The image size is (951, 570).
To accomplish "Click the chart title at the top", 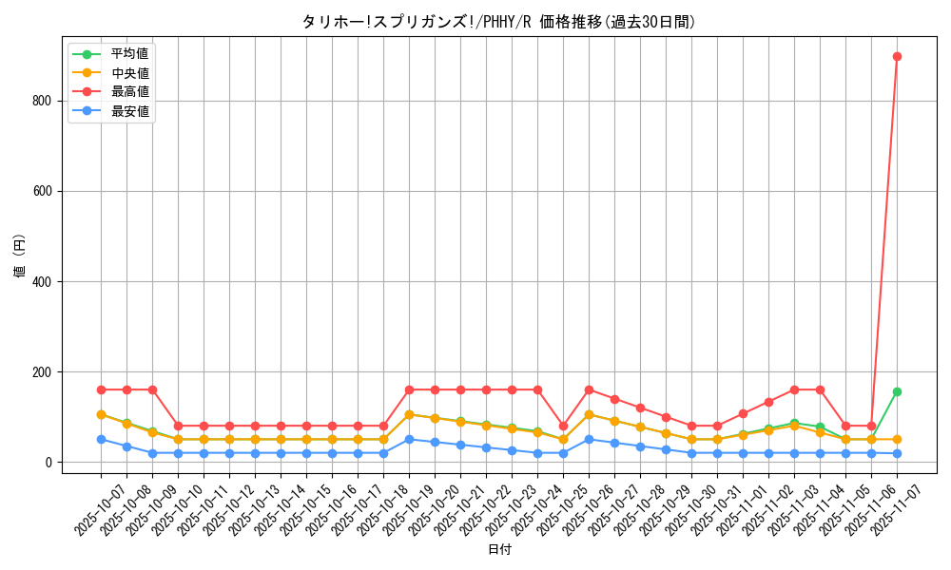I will coord(498,22).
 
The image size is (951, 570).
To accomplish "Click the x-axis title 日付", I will coord(498,550).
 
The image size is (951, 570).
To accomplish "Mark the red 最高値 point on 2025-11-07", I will coord(897,56).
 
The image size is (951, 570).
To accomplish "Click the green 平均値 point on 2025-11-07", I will coord(897,391).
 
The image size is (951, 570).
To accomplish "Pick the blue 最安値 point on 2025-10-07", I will coord(101,439).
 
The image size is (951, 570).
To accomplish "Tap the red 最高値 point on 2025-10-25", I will coord(563,426).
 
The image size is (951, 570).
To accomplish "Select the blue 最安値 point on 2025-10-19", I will coord(409,439).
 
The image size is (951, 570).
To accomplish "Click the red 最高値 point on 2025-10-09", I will coord(152,389).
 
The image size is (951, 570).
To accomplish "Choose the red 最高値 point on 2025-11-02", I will coord(768,402).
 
